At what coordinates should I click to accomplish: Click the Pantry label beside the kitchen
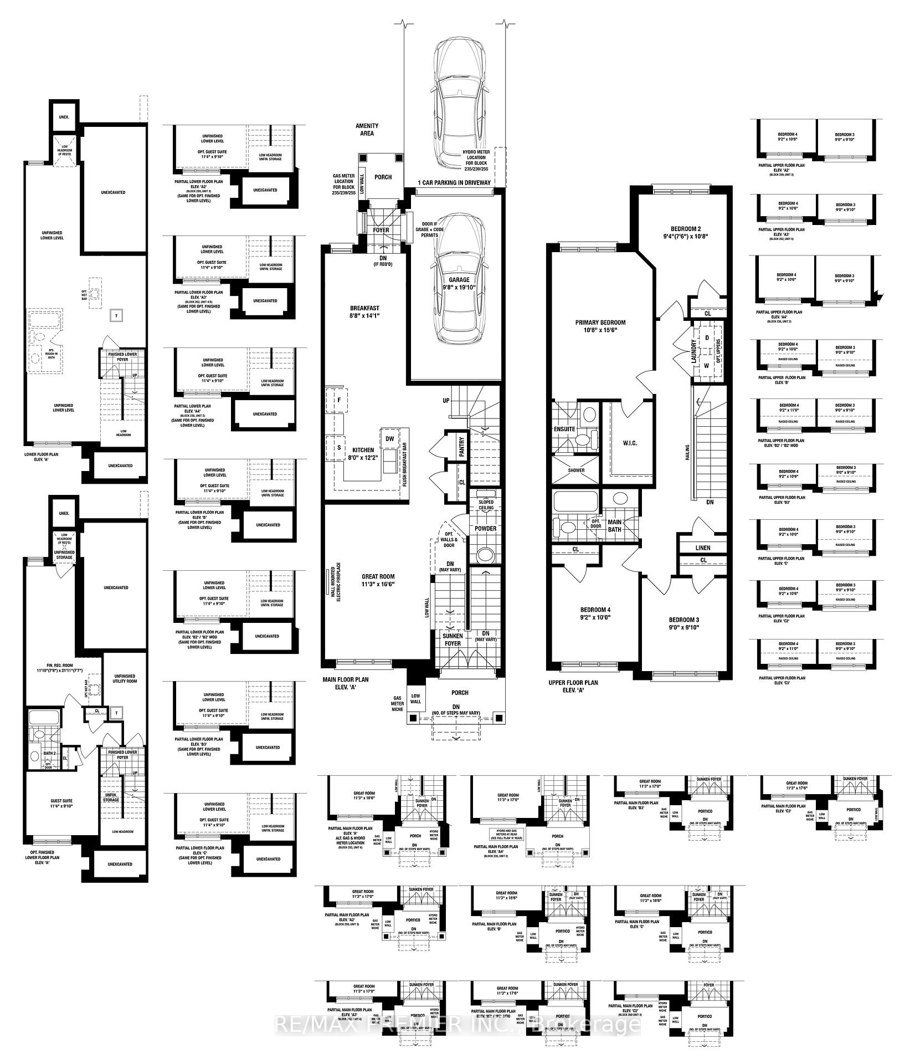[461, 447]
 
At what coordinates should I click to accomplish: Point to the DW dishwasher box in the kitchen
[389, 438]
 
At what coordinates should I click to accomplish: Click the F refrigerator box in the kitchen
[337, 400]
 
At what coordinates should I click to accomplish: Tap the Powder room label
[485, 529]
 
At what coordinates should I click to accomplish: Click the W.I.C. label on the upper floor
[629, 443]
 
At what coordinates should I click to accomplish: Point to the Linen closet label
[702, 548]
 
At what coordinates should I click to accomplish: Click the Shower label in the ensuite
[575, 471]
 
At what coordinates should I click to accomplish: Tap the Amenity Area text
[367, 130]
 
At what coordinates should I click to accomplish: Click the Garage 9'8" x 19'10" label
[459, 283]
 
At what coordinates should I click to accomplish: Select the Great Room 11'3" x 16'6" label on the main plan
[379, 580]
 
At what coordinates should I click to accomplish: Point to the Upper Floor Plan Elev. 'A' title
[572, 687]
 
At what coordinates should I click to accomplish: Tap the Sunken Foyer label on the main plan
[453, 640]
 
